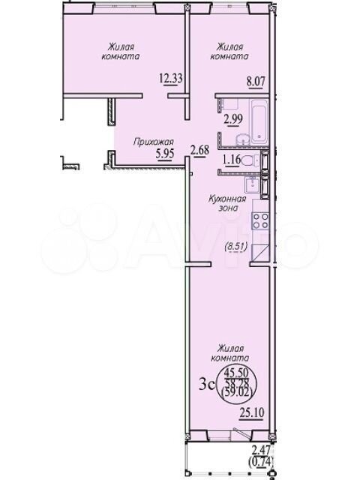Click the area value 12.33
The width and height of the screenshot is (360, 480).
coord(171,78)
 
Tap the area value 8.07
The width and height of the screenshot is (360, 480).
coord(255,82)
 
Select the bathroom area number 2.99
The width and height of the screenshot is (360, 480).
coord(234,118)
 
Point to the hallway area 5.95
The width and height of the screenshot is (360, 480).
coord(165,154)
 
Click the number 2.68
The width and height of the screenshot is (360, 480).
coord(199,151)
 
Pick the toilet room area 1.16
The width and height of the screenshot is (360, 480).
coord(232,160)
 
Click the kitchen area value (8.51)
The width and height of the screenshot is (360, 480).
coord(235,247)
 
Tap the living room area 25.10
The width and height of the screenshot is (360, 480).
coord(251,412)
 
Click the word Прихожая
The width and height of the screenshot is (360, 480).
coord(154,142)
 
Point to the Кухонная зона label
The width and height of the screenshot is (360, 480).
coord(227,203)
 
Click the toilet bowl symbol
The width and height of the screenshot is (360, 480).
coord(250,160)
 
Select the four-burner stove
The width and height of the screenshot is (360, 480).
coord(260,221)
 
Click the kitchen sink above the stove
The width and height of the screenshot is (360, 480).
coord(253,184)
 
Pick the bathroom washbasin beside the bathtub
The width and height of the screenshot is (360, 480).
coord(243,140)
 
